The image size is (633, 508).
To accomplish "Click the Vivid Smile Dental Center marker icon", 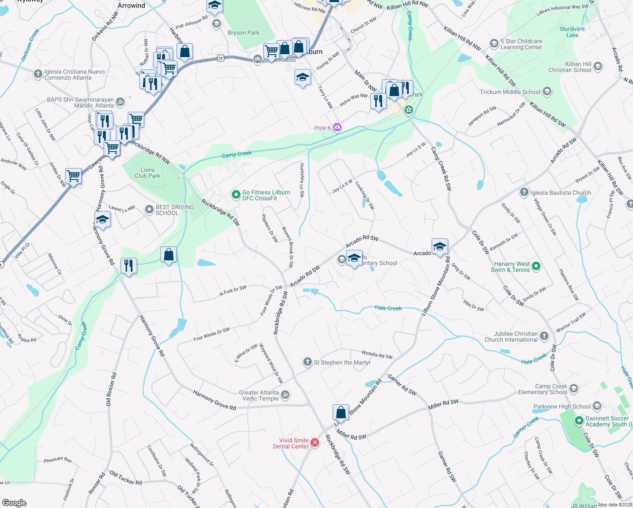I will point(314,443).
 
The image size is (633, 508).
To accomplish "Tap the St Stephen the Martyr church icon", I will point(308,362).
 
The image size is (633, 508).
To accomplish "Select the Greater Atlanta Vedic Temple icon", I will point(286,395).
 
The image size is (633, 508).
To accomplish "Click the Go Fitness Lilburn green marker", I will point(236,195).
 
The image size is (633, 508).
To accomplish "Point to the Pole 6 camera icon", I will point(337,127).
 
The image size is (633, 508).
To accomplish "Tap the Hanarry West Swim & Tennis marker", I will point(536,266).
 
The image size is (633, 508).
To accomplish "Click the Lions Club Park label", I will point(147,173).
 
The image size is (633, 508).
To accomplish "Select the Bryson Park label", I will point(243,33).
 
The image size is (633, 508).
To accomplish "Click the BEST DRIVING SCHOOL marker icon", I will point(149,210).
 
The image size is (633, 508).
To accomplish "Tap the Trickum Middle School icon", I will point(547,91).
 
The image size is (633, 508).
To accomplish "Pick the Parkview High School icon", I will point(597,406).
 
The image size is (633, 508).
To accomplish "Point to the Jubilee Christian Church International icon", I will point(544,336).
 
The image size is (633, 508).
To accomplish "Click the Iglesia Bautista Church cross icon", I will point(524,192).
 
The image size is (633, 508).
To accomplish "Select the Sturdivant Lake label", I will point(572,32).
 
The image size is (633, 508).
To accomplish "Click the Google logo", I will point(14,502).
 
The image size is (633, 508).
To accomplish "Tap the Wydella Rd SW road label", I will point(377,354).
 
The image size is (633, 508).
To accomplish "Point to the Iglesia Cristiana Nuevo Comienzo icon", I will point(38,74).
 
